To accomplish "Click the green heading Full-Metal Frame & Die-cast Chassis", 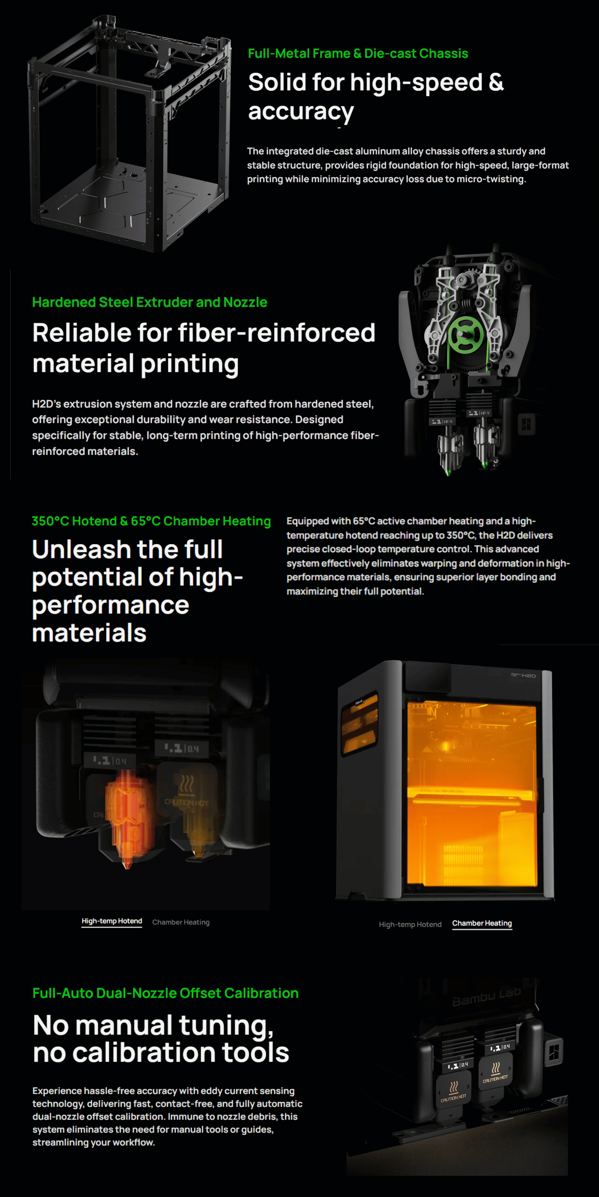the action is tap(358, 54).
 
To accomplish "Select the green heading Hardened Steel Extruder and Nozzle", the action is tap(150, 302).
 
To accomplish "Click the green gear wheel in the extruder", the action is tap(466, 335).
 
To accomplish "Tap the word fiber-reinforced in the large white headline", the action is tap(276, 333).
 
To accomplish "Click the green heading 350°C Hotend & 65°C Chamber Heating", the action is tap(151, 521).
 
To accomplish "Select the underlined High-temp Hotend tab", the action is tap(112, 921).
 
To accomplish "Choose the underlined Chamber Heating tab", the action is tap(482, 923).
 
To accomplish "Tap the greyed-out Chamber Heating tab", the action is tap(181, 922).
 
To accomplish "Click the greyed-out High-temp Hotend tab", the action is tap(410, 925).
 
